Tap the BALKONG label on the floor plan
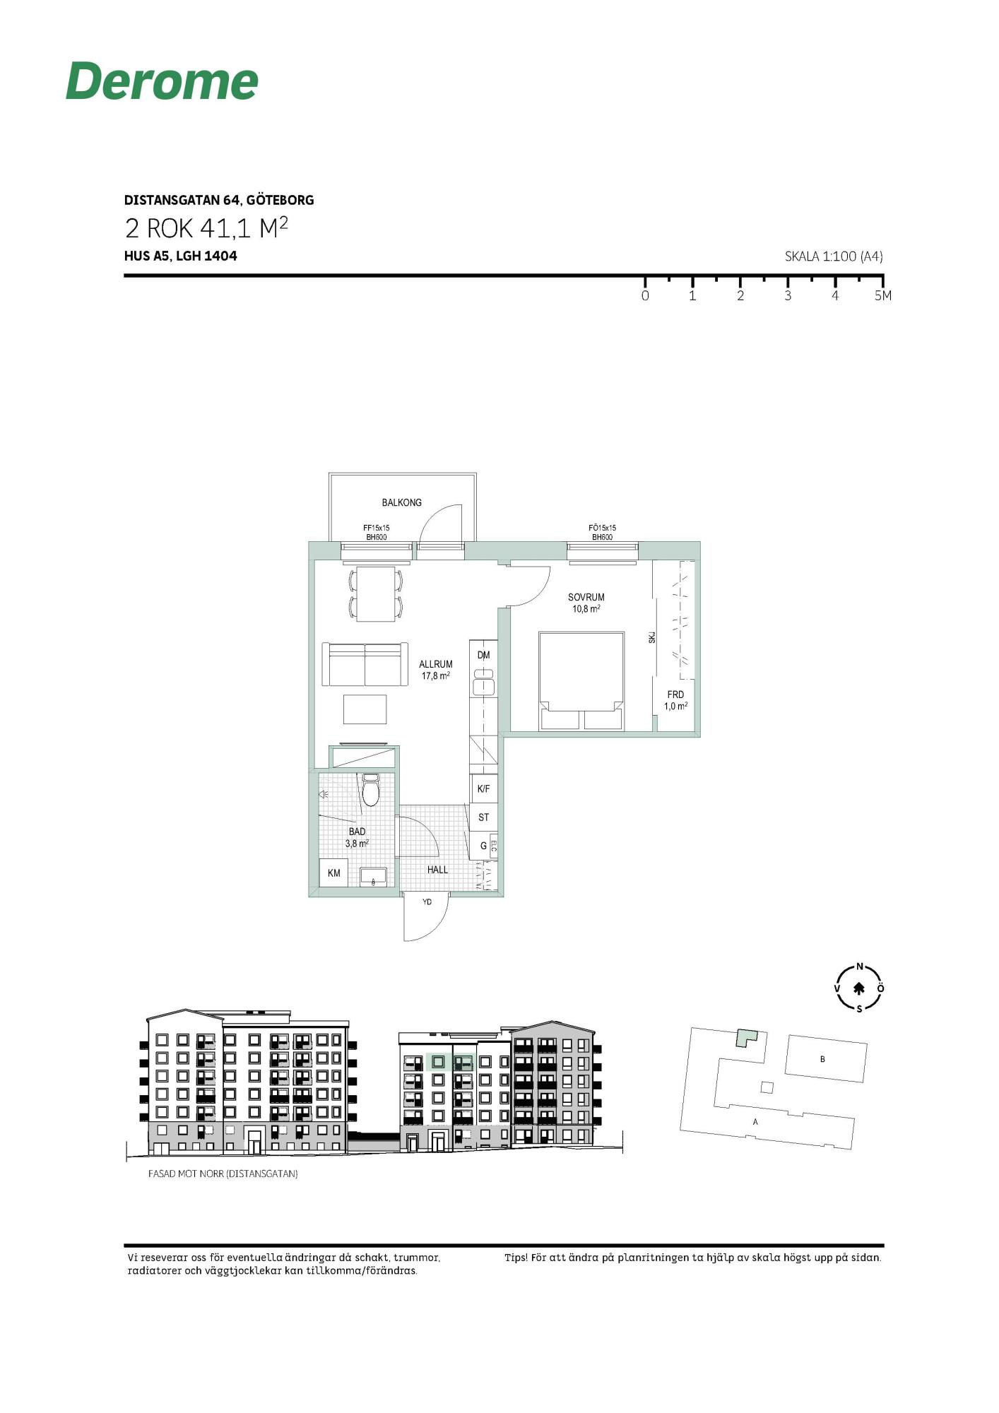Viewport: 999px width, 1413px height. click(x=401, y=502)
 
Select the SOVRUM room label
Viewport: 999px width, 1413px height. click(x=586, y=597)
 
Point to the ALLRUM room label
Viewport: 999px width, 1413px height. click(x=435, y=664)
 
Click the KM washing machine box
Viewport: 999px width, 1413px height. click(x=333, y=873)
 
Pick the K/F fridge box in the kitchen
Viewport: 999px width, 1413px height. click(x=484, y=788)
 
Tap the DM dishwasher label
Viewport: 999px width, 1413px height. click(x=483, y=655)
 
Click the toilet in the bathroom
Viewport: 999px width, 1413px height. click(x=371, y=790)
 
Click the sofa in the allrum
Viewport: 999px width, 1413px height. click(x=365, y=664)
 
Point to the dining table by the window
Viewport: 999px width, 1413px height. click(x=376, y=594)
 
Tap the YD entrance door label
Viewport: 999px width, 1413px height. click(x=427, y=902)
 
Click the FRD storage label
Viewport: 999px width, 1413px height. click(x=675, y=694)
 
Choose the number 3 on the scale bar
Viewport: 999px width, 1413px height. click(x=788, y=296)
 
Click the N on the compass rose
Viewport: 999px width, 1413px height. click(x=860, y=966)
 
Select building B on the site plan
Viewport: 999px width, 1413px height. click(x=826, y=1058)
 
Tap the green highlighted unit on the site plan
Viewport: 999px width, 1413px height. click(x=745, y=1036)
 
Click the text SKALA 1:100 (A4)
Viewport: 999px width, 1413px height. click(x=834, y=256)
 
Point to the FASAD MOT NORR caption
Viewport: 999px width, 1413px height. click(x=223, y=1173)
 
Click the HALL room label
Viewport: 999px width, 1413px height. click(x=437, y=870)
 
